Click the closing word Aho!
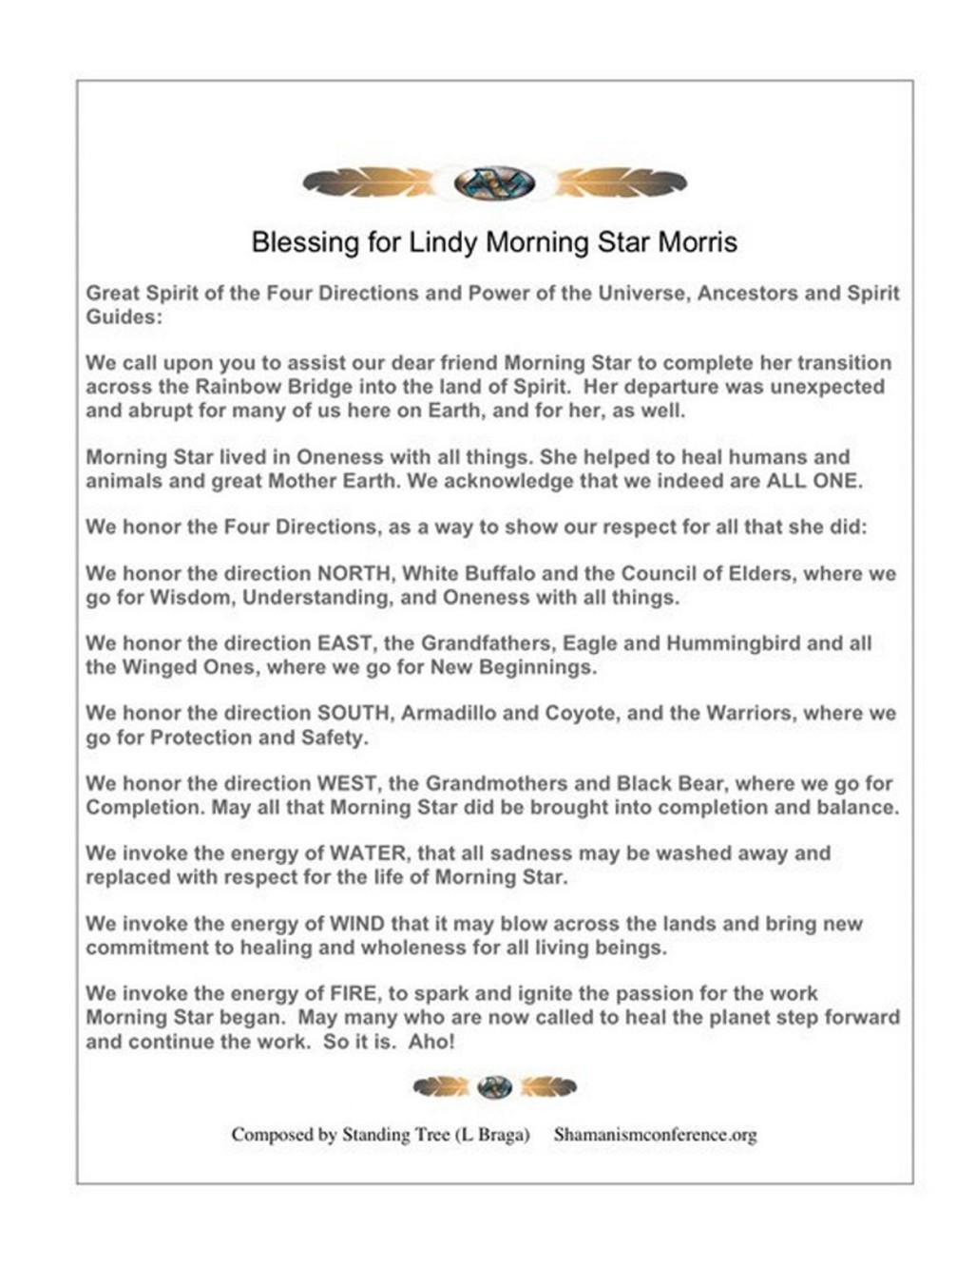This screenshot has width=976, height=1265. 431,1042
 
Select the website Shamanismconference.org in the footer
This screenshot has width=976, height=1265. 655,1135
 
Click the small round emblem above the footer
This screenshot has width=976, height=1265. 494,1086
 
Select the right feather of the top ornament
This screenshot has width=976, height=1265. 621,182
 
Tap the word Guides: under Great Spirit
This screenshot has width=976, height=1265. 124,317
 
